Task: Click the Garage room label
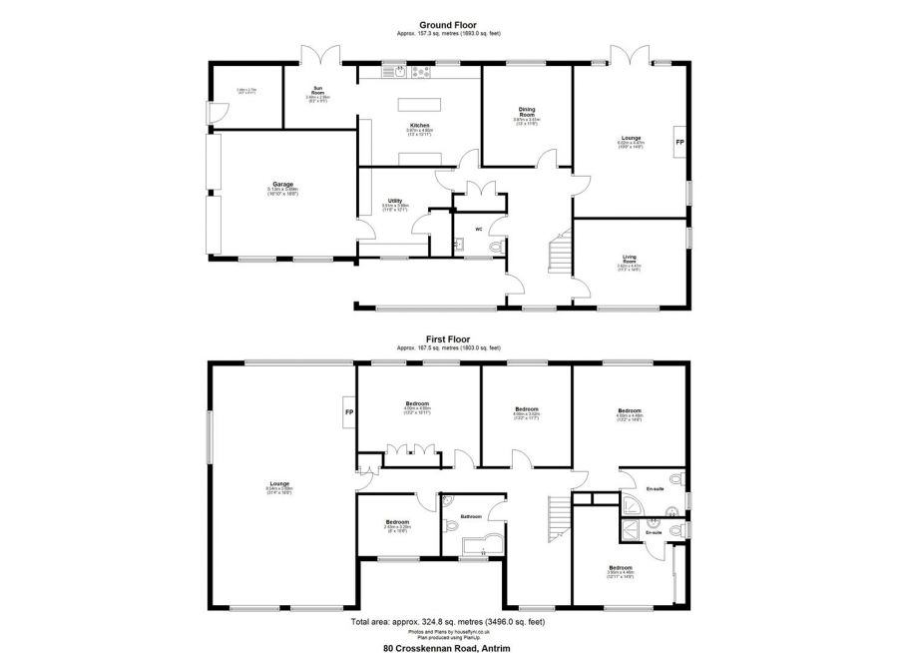coord(282,184)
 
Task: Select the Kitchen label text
coord(418,125)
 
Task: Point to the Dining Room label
coord(526,113)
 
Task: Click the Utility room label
coord(395,201)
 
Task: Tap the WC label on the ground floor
coord(479,229)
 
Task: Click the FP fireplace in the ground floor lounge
coord(680,143)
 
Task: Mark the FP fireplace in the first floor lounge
coord(349,412)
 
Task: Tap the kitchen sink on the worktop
coord(398,71)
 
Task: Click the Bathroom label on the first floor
coord(472,516)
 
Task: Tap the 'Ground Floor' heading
coord(447,25)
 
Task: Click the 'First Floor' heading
coord(447,339)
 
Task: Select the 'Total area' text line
coord(447,620)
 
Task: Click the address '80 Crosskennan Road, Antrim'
coord(447,646)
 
